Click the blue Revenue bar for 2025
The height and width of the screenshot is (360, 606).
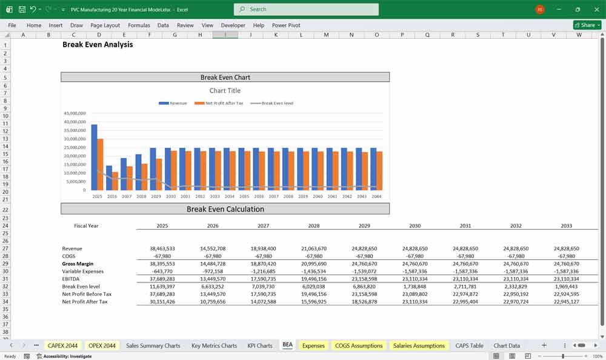(94, 158)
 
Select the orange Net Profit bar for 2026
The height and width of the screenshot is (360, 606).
(115, 181)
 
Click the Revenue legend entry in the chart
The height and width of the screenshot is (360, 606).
(173, 103)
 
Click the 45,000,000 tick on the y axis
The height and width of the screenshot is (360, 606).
(75, 113)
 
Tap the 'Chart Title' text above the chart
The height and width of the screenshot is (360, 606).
(225, 91)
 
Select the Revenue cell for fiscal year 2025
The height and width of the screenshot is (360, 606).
(162, 248)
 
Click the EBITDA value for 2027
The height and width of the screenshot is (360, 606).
(263, 279)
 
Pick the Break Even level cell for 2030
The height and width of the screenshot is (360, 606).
(415, 286)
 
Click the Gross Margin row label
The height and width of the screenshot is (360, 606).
(78, 264)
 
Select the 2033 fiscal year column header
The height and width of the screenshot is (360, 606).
(566, 225)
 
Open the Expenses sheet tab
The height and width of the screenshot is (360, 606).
(313, 345)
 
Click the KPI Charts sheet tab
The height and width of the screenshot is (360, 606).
(259, 345)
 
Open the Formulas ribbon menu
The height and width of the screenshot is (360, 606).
(139, 25)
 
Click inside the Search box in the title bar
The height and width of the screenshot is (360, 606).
(306, 9)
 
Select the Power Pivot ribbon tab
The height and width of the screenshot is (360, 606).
(286, 25)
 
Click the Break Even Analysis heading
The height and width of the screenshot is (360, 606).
(98, 45)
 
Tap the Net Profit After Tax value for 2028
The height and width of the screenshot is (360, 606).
(314, 301)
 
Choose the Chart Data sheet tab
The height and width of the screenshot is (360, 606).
(507, 345)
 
